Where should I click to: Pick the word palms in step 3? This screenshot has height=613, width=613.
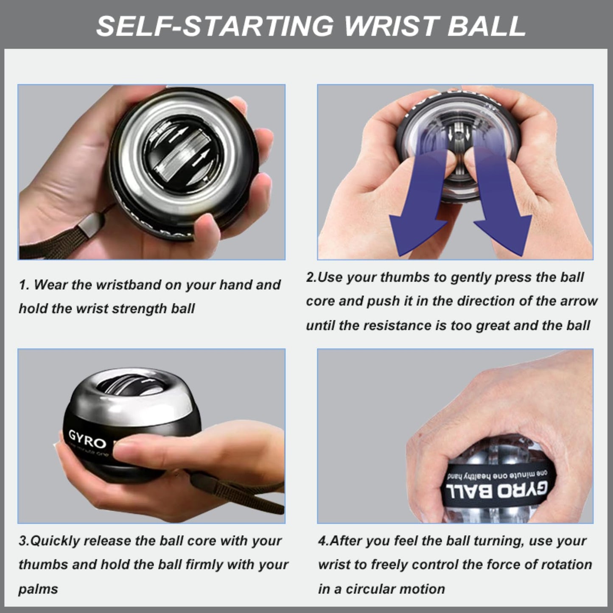point(38,589)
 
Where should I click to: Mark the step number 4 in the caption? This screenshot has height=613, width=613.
point(322,541)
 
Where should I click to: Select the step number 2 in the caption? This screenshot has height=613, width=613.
point(311,277)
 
